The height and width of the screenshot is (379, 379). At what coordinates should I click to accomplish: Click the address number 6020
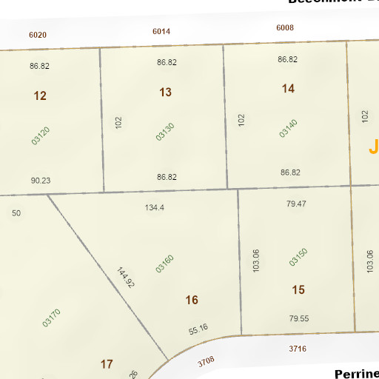point(38,35)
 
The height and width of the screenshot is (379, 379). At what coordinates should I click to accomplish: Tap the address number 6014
point(161,31)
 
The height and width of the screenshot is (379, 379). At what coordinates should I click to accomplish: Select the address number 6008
point(285,28)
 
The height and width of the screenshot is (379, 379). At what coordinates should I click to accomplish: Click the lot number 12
point(40,95)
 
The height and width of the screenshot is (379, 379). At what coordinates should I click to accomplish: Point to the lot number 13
point(165,92)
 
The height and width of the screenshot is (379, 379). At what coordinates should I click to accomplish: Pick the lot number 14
point(288,89)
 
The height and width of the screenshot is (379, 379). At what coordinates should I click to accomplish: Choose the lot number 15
point(298,290)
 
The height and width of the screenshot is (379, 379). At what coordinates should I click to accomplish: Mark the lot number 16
point(192,300)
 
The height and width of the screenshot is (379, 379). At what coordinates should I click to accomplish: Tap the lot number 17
point(107,363)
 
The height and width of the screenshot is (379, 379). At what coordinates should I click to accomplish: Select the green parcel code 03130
point(165,132)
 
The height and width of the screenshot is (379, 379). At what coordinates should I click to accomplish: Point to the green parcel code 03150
point(298,256)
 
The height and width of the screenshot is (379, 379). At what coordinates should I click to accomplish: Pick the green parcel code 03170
point(51,318)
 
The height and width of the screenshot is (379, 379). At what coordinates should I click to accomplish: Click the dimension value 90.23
point(41,180)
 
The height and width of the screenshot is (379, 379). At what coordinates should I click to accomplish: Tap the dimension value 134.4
point(155,207)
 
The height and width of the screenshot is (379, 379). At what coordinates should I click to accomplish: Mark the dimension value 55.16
point(198,328)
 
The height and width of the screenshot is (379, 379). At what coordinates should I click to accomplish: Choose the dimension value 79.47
point(296,203)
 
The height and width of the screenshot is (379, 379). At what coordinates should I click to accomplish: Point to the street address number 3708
point(206,361)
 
